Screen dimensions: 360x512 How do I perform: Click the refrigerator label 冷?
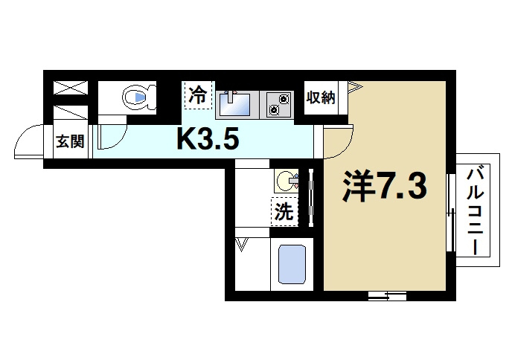pos(198,94)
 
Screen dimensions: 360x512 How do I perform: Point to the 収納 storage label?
pos(321,97)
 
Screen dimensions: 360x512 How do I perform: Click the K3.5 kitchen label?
pos(206,138)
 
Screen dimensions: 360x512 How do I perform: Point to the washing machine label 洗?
pos(284,213)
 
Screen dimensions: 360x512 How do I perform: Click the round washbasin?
pos(287,181)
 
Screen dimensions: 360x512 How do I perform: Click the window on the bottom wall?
pos(387,296)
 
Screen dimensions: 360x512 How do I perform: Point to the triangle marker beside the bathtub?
pos(242,244)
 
